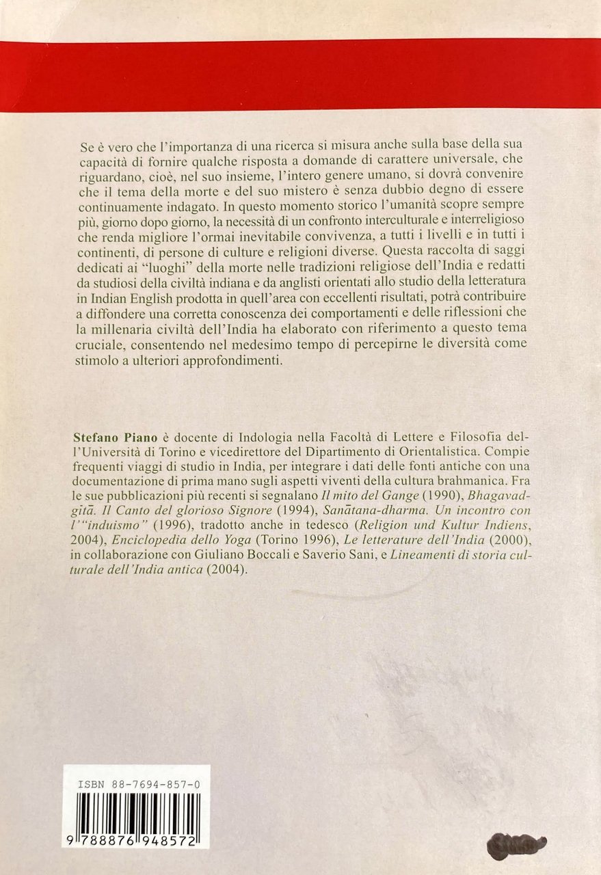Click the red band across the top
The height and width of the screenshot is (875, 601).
click(x=300, y=75)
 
